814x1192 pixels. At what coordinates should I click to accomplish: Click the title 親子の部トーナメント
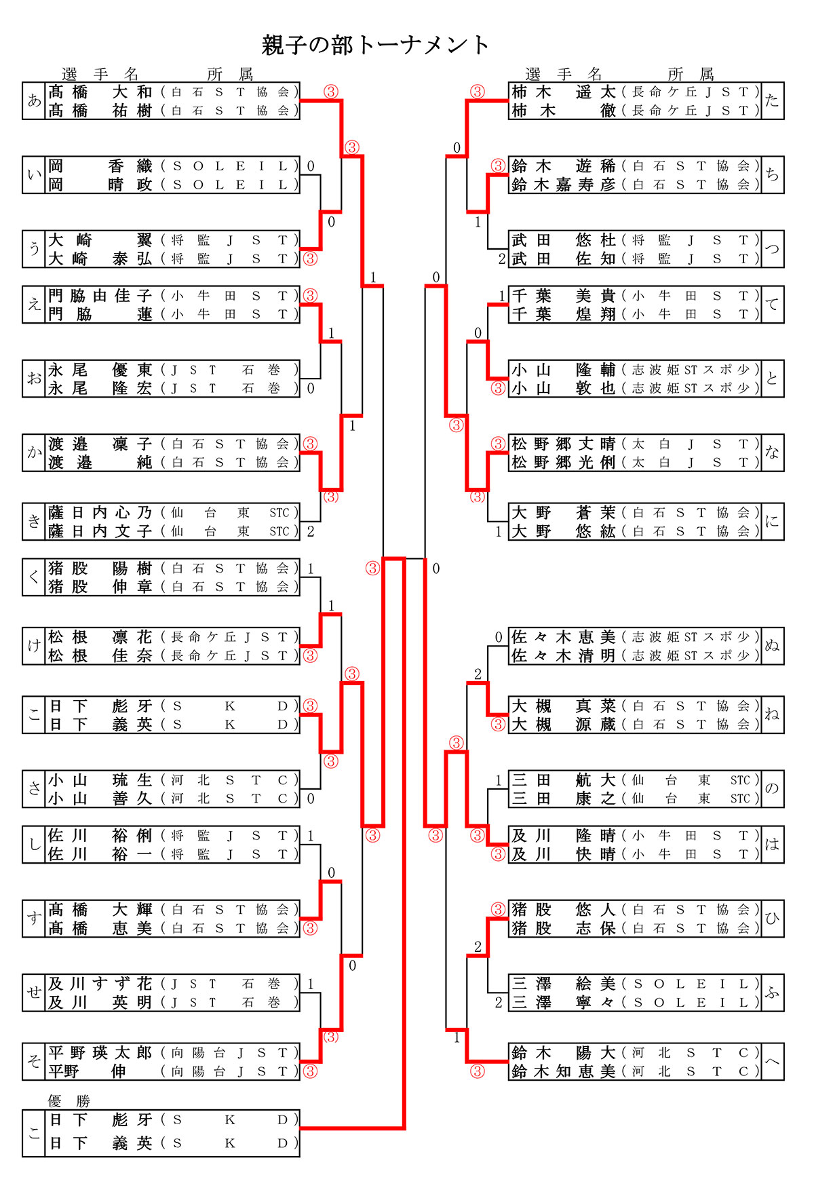375,45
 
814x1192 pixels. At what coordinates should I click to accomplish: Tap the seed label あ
34,101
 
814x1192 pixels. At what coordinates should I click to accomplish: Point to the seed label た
772,101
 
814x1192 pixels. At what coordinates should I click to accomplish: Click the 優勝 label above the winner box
69,1100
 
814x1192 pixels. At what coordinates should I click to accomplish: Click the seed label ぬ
772,646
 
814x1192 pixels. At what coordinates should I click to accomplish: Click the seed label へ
772,1062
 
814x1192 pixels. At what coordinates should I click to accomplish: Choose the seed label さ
34,789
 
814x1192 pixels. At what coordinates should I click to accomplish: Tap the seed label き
34,522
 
